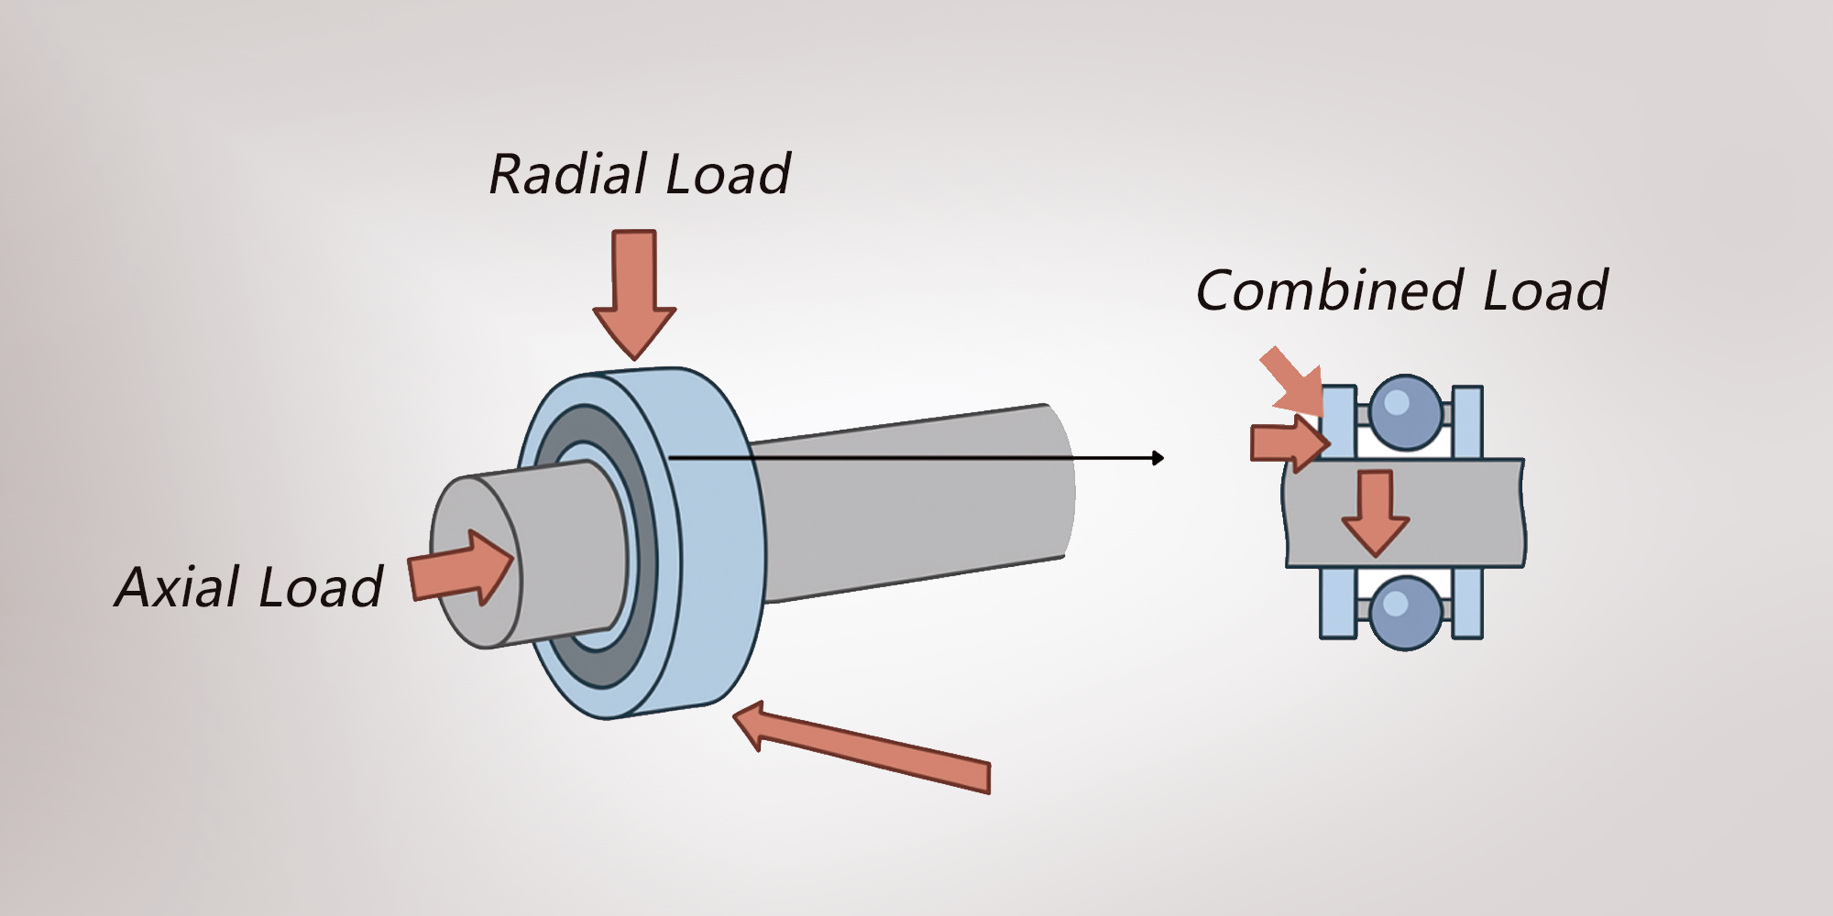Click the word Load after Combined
[x=1545, y=291]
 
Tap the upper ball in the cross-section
[x=1405, y=411]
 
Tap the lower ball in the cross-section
[x=1405, y=612]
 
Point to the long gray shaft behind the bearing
[x=916, y=504]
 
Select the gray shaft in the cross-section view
[x=1466, y=513]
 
